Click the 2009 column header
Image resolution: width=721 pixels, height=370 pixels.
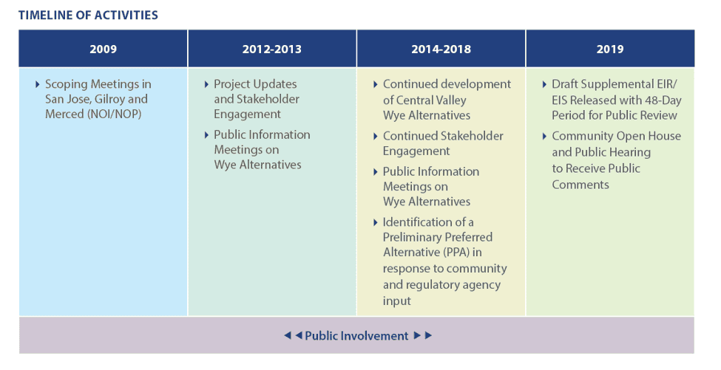point(103,49)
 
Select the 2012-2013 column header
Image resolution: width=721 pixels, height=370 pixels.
point(271,49)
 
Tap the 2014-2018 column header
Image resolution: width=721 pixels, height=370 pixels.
point(441,49)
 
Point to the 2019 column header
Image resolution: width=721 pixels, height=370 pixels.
point(610,49)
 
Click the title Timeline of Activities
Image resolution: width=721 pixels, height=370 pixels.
point(88,16)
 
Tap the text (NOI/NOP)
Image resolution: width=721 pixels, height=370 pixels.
point(114,114)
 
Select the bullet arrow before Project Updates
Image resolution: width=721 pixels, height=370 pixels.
point(206,84)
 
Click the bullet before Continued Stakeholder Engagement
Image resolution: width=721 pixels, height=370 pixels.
point(376,137)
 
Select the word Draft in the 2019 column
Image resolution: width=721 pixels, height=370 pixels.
point(565,84)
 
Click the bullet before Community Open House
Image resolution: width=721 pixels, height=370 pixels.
point(545,137)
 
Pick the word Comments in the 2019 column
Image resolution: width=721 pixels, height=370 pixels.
point(580,185)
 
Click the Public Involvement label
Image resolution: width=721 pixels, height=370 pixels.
point(356,336)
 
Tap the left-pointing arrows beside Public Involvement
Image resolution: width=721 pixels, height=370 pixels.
point(293,335)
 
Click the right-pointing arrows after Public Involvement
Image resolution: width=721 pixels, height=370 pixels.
point(422,335)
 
